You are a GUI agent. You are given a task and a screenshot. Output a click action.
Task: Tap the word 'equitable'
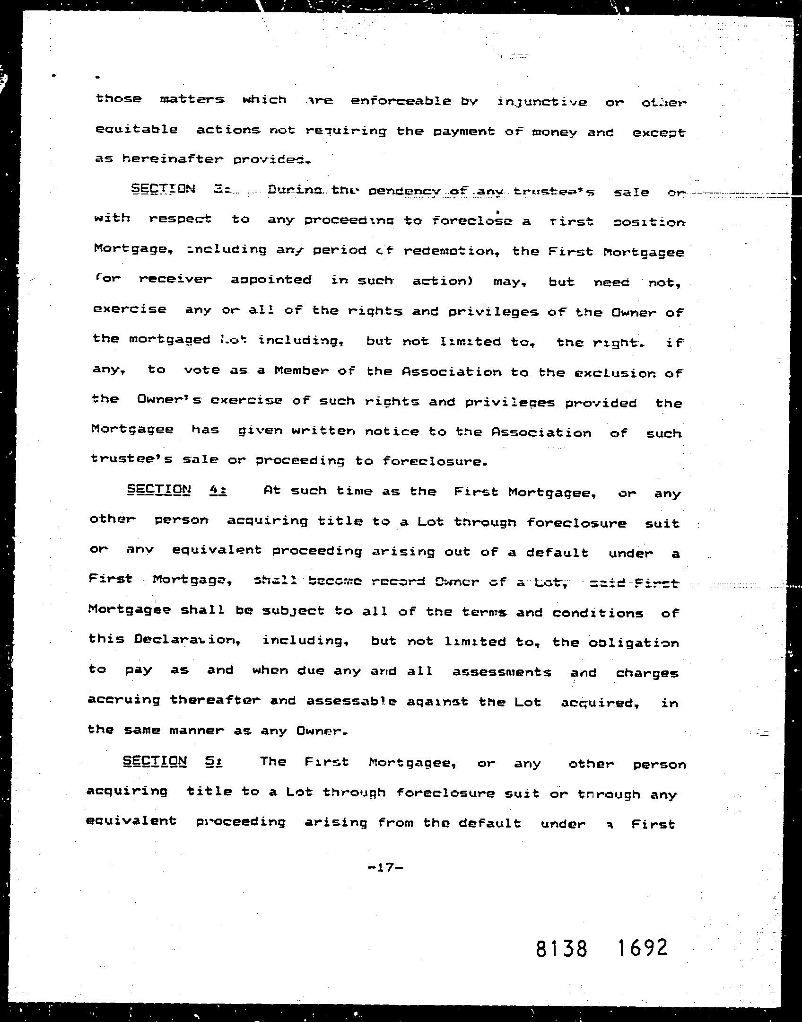136,130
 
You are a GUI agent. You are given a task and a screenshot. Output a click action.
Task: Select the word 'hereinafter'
172,159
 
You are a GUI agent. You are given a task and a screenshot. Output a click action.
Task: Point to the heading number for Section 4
218,490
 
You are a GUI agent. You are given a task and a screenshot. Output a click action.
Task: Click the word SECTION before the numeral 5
155,761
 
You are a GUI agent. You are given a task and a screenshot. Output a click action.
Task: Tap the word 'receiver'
175,279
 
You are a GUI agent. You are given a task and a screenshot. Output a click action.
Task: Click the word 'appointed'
271,280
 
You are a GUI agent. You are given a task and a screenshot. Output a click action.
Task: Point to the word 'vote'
202,370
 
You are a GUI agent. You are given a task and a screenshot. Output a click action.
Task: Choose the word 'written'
323,431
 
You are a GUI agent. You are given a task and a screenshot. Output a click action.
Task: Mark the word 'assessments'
502,672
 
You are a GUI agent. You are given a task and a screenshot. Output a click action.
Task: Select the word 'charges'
647,674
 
